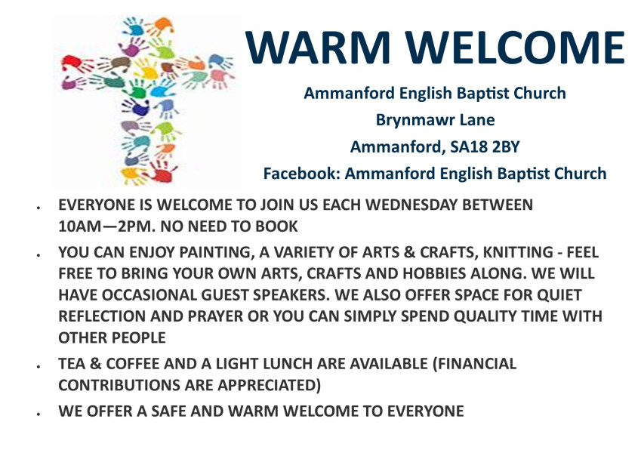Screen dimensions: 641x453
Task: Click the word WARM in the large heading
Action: [x=317, y=47]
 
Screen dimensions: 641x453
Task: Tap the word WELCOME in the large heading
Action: [x=515, y=47]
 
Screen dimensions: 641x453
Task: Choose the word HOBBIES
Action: [x=434, y=273]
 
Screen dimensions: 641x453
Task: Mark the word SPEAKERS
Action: [x=291, y=294]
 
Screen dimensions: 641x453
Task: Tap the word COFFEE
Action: [x=132, y=363]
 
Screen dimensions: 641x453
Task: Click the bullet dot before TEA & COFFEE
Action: [x=39, y=366]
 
